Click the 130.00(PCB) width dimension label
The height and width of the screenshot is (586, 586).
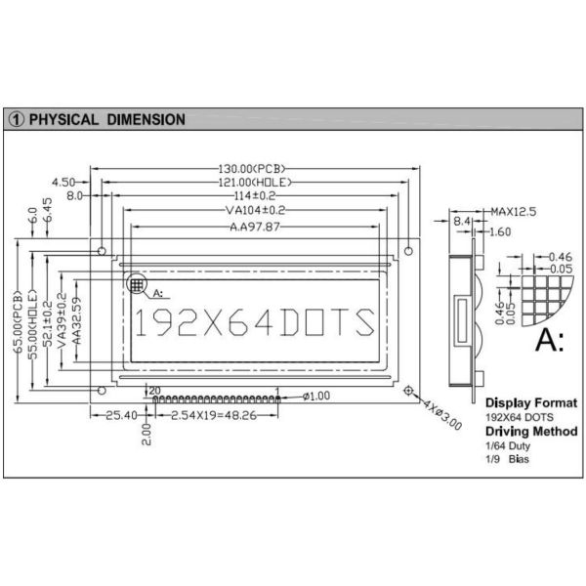point(255,169)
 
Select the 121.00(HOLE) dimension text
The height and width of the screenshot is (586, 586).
point(255,183)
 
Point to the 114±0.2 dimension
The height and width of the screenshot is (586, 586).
point(255,196)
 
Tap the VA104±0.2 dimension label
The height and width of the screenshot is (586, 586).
point(255,210)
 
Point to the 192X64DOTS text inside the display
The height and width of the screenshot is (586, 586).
point(253,321)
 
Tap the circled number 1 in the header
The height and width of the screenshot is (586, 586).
point(18,120)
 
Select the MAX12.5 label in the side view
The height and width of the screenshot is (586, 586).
point(514,211)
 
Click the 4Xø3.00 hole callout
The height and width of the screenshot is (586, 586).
point(440,414)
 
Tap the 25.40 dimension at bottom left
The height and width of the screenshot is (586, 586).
point(120,416)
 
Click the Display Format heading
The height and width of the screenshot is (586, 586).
point(530,402)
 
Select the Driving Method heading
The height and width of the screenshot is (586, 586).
point(531,431)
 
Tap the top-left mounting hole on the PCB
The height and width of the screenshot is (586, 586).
point(103,251)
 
